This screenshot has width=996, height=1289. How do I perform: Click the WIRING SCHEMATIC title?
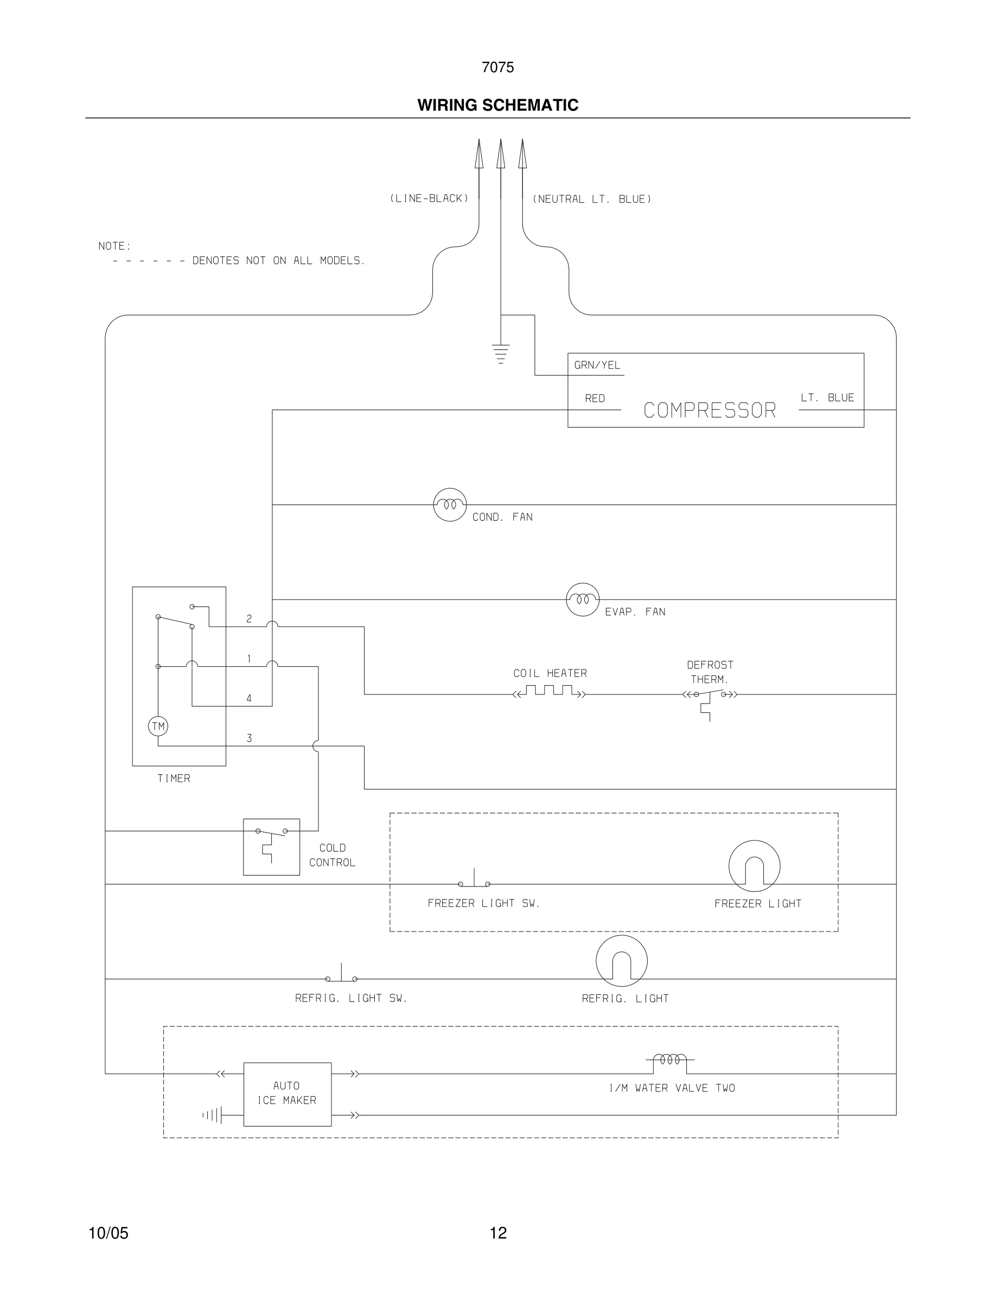pyautogui.click(x=497, y=105)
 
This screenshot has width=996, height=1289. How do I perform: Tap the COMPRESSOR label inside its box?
pyautogui.click(x=709, y=410)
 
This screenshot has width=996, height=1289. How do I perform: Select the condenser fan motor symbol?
pyautogui.click(x=450, y=505)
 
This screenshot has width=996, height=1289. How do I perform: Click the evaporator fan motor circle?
pyautogui.click(x=583, y=599)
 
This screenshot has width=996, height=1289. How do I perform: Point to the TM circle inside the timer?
pyautogui.click(x=158, y=726)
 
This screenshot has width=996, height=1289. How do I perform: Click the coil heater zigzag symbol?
pyautogui.click(x=550, y=691)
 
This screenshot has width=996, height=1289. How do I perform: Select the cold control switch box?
pyautogui.click(x=271, y=846)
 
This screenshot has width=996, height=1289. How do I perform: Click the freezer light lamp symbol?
pyautogui.click(x=754, y=866)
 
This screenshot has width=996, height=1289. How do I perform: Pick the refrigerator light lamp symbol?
pyautogui.click(x=621, y=961)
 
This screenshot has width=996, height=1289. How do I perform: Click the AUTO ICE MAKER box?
pyautogui.click(x=288, y=1094)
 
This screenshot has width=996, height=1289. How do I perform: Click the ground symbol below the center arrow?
pyautogui.click(x=500, y=353)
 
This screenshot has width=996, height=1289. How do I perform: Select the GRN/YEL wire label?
pyautogui.click(x=597, y=365)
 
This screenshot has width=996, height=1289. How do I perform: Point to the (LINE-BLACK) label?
pyautogui.click(x=429, y=199)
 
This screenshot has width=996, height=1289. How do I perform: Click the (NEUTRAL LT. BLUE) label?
pyautogui.click(x=592, y=199)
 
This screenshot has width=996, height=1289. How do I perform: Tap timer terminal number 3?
pyautogui.click(x=249, y=738)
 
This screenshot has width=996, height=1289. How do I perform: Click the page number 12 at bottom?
pyautogui.click(x=498, y=1233)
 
